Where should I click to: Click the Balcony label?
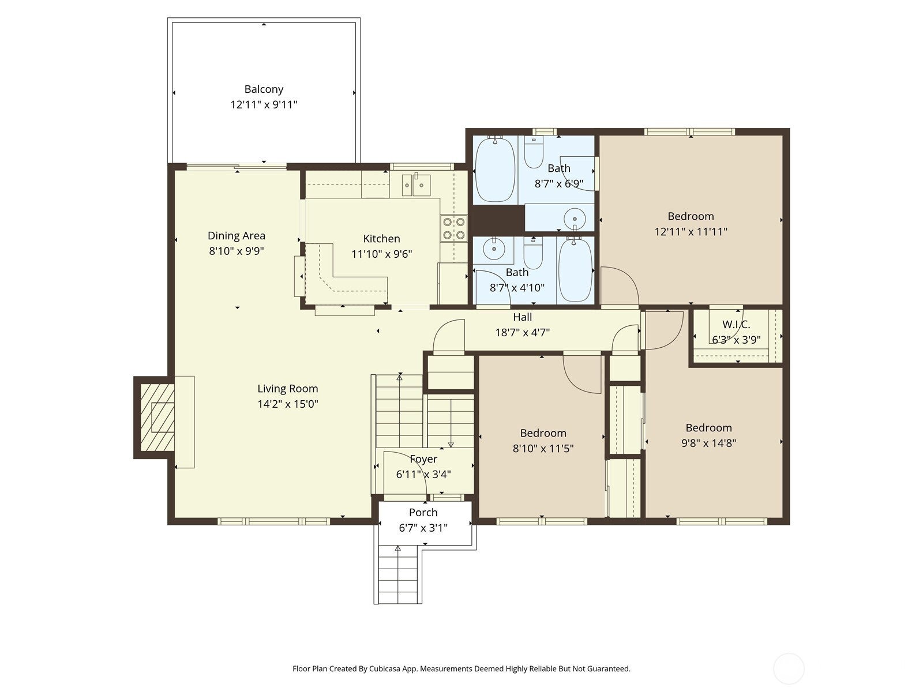264,89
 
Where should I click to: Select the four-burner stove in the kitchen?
454,228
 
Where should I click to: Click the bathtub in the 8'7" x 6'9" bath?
495,168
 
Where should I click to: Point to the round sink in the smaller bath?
494,249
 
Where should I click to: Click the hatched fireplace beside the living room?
157,418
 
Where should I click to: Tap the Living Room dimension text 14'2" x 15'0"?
287,404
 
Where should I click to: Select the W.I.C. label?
736,325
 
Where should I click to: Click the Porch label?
423,512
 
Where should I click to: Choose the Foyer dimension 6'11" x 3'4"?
423,475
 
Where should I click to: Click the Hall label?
523,317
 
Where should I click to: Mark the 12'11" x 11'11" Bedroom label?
691,216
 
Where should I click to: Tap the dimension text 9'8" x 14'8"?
708,443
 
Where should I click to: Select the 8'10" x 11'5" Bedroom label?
543,433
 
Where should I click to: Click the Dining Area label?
237,235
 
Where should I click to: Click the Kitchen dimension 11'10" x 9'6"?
381,254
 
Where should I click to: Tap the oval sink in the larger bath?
575,219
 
